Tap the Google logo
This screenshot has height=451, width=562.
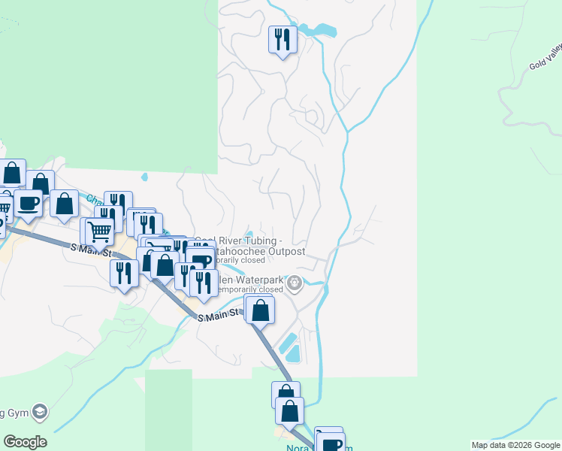[25, 442]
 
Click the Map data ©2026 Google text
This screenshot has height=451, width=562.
[515, 445]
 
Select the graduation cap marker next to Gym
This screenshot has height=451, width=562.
[40, 412]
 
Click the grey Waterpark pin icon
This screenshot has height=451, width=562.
[295, 283]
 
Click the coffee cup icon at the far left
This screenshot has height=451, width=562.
[29, 203]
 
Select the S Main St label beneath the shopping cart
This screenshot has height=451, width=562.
[89, 248]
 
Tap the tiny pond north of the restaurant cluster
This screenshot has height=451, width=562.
[144, 178]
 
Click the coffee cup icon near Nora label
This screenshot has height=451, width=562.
[331, 443]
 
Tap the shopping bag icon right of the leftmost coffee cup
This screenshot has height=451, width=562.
[65, 203]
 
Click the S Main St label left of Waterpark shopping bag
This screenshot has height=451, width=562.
[219, 315]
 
